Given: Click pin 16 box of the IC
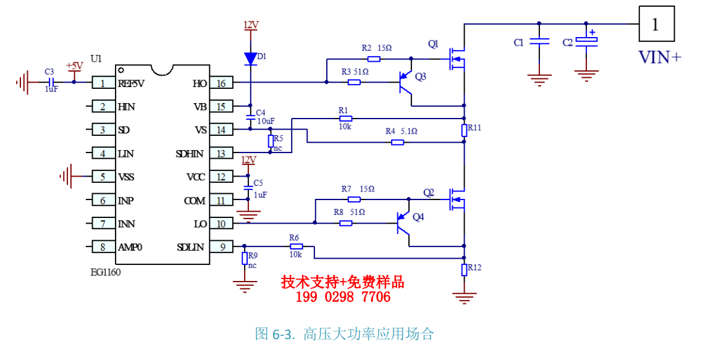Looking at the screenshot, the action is (221, 83).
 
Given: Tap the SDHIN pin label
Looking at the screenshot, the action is (190, 154).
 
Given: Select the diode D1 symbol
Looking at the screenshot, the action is (250, 59).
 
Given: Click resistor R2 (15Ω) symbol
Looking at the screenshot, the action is (374, 59).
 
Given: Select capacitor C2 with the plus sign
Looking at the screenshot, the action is (586, 41).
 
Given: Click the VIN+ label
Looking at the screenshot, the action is (659, 57).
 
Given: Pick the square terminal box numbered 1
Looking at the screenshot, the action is (656, 23).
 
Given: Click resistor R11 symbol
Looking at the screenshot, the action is (465, 130).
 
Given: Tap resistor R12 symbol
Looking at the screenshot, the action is (465, 270).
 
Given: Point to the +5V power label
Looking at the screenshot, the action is (74, 65).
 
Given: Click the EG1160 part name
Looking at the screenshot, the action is (106, 272).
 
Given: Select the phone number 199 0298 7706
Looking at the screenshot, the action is (343, 297).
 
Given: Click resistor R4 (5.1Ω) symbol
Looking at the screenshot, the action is (397, 143).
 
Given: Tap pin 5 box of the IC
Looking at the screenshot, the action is (103, 176).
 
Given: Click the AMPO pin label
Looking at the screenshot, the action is (130, 247).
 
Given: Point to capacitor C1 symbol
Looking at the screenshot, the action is (539, 41).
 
